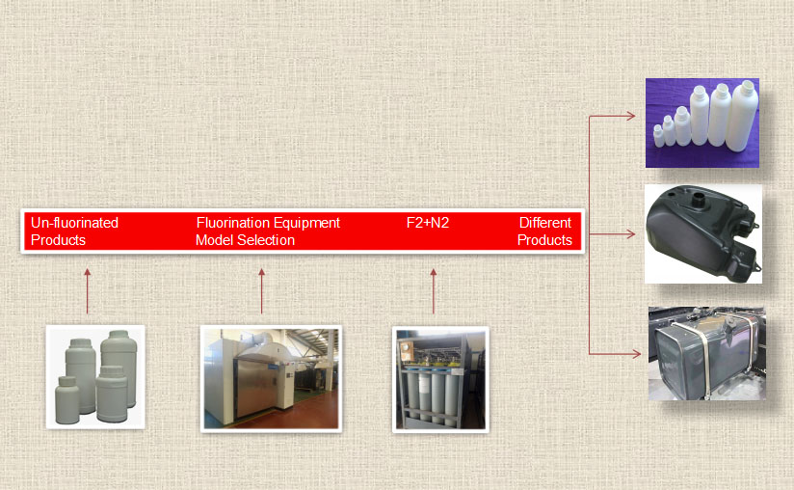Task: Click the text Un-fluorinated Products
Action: point(74,231)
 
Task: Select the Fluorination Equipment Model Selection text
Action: point(267,231)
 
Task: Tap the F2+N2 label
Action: point(428,223)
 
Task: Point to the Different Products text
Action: point(544,231)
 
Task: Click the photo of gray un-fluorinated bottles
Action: point(95,376)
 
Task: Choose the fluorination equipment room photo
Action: point(271,377)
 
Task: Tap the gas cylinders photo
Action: point(440,379)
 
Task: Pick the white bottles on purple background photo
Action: point(702,122)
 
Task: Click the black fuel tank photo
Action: point(703,233)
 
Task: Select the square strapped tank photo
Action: point(706,353)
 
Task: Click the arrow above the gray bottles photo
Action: point(87,291)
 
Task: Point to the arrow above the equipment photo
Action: point(261,291)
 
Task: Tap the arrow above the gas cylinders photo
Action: point(434,291)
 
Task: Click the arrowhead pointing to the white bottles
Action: point(631,116)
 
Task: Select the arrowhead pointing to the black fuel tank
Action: point(631,233)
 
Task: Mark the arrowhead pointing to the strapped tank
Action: point(636,354)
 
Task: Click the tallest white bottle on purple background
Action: point(745,116)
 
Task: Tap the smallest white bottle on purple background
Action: point(657,135)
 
